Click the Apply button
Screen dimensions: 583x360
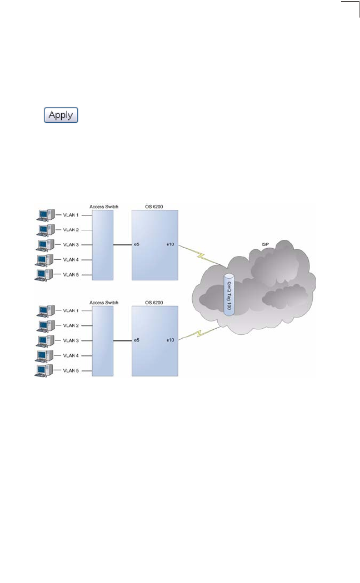pos(61,115)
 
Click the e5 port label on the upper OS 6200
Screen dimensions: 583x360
pos(137,244)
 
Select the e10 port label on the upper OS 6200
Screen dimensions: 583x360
pos(170,244)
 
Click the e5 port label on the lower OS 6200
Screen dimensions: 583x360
pos(137,340)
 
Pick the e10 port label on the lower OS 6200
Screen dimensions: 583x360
pos(170,340)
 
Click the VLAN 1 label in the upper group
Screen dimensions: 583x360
pos(71,215)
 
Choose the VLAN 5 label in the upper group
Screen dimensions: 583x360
pos(71,274)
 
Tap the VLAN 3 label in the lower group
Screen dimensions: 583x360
pos(71,340)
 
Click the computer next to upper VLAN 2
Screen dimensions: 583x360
pos(44,230)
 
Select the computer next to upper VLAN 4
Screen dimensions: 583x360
pos(44,260)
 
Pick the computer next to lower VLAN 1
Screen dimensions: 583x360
pos(44,311)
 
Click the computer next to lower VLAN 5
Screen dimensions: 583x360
pos(44,370)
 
